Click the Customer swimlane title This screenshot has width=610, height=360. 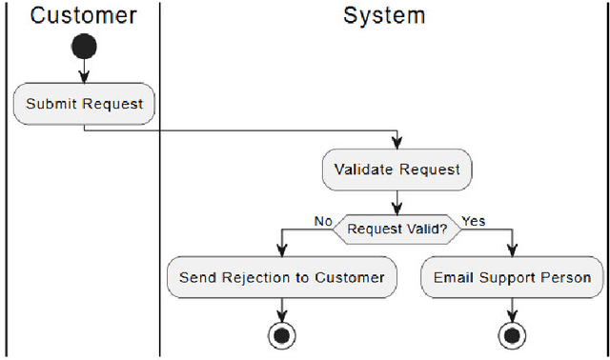click(83, 15)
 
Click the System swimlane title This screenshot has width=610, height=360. click(384, 15)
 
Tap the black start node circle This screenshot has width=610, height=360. click(83, 45)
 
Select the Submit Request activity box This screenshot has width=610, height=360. click(83, 104)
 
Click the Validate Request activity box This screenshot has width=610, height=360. click(396, 170)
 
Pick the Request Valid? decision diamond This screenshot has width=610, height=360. click(396, 228)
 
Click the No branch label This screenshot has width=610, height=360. click(323, 221)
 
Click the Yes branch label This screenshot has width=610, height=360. click(474, 221)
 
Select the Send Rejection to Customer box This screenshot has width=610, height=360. click(281, 277)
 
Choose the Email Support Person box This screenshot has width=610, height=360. click(512, 277)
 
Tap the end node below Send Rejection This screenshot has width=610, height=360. click(282, 334)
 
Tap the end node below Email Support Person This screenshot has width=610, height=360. click(513, 334)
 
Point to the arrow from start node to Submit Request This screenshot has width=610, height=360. click(83, 70)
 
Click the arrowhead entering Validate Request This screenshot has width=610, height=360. click(396, 143)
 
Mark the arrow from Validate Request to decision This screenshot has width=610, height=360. click(396, 201)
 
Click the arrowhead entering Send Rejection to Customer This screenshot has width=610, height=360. click(282, 251)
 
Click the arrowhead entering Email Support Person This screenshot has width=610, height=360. click(513, 251)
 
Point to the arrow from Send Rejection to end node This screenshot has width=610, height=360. click(282, 309)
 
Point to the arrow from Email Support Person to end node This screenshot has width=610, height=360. click(513, 309)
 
